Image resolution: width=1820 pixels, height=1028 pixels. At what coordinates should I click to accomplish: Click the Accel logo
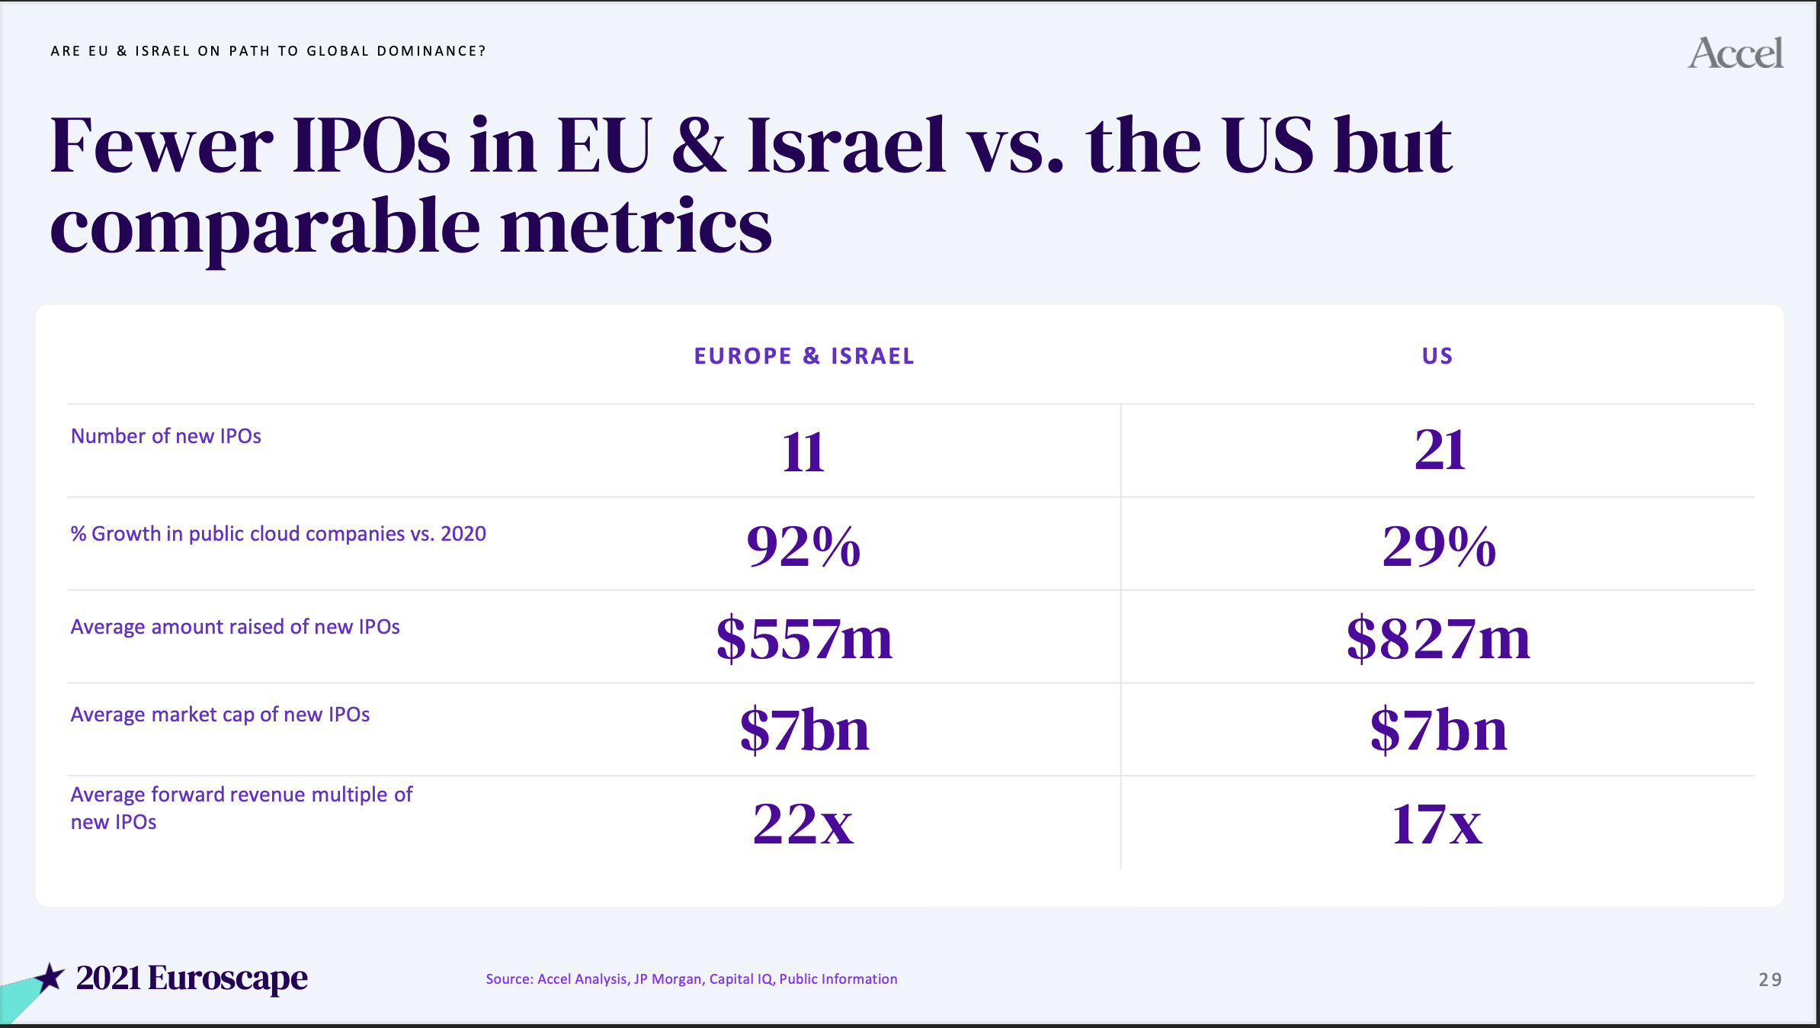[x=1735, y=53]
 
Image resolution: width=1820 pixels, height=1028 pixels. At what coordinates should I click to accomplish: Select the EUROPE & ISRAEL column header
[x=804, y=356]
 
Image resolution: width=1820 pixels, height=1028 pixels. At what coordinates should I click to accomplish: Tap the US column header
[x=1437, y=356]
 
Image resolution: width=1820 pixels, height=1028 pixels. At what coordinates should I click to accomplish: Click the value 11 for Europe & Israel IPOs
[x=803, y=452]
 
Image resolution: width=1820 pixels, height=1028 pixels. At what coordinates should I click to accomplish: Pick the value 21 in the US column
[x=1440, y=450]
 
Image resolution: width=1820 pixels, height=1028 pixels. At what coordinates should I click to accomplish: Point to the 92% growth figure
[x=803, y=546]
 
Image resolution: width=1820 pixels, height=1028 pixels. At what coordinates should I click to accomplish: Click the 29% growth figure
[x=1439, y=546]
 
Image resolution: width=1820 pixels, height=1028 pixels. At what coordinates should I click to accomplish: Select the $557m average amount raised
[x=804, y=638]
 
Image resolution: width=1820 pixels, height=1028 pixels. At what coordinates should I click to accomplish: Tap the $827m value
[x=1438, y=638]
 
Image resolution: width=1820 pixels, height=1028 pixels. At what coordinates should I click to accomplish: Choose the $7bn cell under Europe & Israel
[x=804, y=730]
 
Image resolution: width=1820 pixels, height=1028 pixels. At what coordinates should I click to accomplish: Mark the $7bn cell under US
[x=1438, y=730]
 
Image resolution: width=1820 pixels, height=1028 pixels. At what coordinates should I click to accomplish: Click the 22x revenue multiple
[x=803, y=824]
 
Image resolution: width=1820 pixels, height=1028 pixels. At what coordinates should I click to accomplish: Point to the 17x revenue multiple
[x=1437, y=824]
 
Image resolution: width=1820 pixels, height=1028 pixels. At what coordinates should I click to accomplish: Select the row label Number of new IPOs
[x=166, y=436]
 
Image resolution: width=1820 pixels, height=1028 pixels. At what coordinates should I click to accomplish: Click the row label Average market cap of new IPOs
[x=220, y=715]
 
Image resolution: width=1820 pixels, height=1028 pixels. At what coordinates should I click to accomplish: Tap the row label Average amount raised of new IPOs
[x=236, y=627]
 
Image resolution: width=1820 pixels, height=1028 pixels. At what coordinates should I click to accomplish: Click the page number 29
[x=1770, y=980]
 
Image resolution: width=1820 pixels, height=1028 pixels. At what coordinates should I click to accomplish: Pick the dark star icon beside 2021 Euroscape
[x=50, y=977]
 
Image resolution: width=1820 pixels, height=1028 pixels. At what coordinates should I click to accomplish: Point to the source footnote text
[x=691, y=979]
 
